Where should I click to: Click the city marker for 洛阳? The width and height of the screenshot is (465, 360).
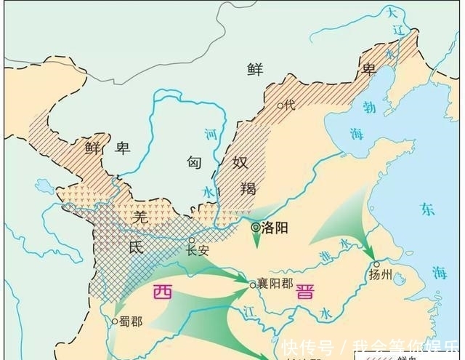click(x=256, y=228)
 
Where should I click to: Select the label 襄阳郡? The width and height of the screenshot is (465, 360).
click(x=274, y=284)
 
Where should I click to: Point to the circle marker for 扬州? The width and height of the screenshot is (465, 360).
click(x=376, y=264)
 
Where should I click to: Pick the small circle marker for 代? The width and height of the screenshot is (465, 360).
click(x=280, y=105)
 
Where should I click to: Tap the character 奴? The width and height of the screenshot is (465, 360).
click(x=241, y=162)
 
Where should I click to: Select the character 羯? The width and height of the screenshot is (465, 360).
click(x=248, y=189)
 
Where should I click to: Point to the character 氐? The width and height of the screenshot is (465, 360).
click(x=137, y=247)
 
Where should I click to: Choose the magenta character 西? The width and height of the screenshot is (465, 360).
click(x=163, y=292)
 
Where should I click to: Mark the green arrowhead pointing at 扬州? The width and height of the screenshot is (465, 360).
click(x=370, y=249)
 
